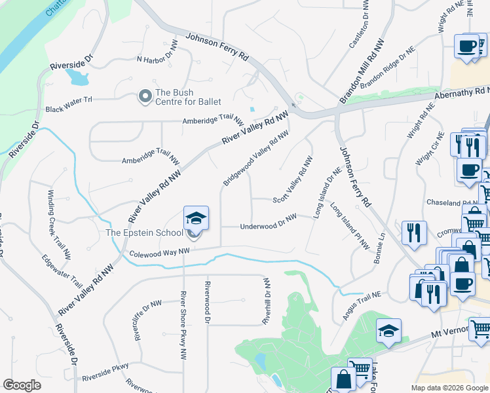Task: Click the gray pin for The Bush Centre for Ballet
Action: (x=144, y=96)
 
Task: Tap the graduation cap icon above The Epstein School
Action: (x=195, y=218)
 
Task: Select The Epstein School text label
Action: (x=145, y=233)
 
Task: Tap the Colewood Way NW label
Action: (x=159, y=252)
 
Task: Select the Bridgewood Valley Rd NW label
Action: (x=255, y=158)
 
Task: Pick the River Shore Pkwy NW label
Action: (x=183, y=326)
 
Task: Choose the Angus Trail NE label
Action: (x=362, y=306)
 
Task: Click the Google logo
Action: (x=22, y=385)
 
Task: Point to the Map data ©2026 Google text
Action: (x=449, y=388)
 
